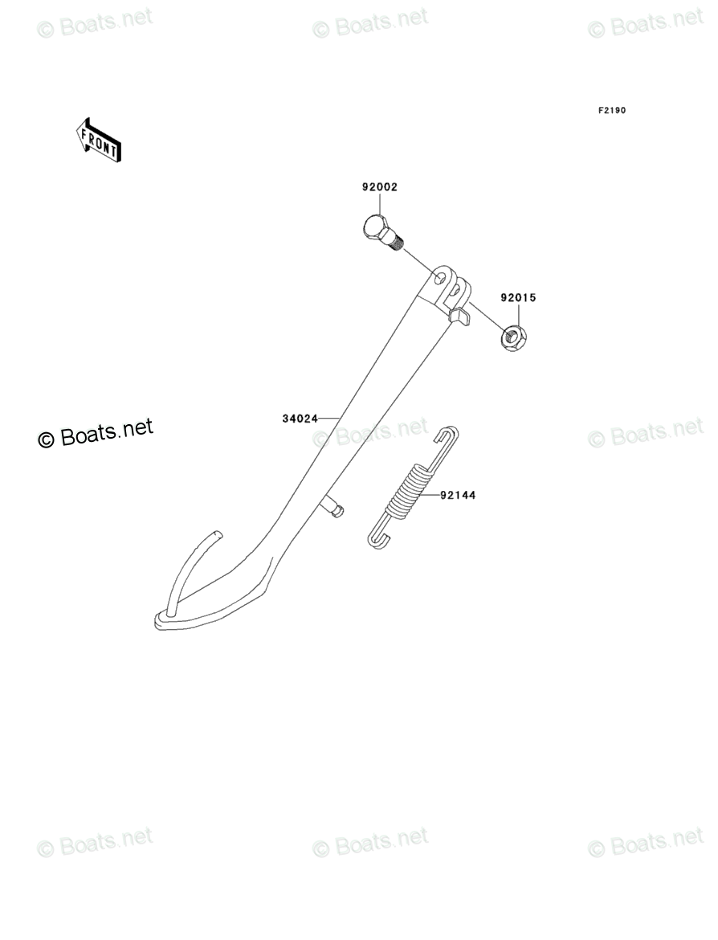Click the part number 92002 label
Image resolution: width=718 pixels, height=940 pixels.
[379, 187]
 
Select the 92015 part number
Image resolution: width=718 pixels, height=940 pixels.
[518, 297]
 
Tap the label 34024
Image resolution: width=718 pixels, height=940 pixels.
[300, 419]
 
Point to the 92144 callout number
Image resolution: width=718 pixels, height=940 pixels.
[457, 496]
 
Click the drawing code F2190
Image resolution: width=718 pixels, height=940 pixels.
[610, 111]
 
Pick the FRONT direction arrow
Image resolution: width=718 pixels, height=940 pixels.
[99, 138]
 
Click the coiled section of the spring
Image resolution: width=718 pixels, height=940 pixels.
[407, 489]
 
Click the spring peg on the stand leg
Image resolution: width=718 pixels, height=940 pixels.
[332, 507]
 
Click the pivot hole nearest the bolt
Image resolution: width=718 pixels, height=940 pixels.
[439, 277]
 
